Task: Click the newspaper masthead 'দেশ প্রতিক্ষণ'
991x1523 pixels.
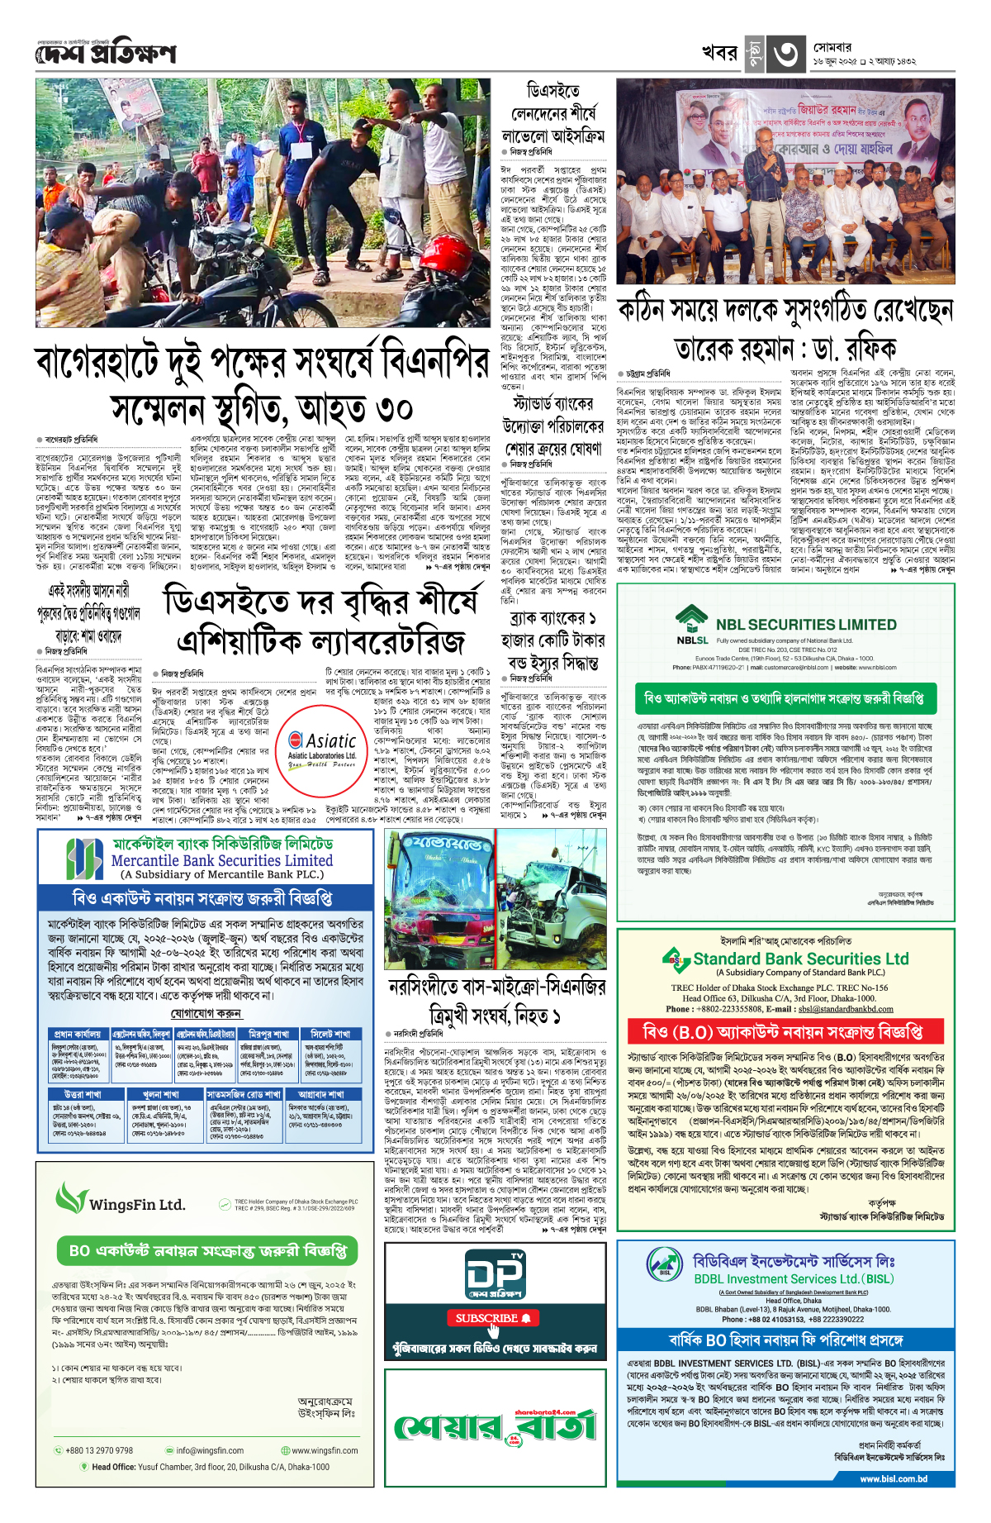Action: click(x=106, y=53)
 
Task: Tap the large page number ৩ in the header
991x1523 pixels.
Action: click(x=784, y=54)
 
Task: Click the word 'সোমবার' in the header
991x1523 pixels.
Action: click(x=832, y=47)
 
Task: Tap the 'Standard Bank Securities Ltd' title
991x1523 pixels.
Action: click(x=800, y=959)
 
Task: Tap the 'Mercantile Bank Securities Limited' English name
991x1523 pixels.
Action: click(x=222, y=860)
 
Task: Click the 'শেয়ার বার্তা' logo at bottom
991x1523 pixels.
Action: click(x=495, y=1425)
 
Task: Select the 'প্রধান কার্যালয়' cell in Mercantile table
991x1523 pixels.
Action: click(x=77, y=1034)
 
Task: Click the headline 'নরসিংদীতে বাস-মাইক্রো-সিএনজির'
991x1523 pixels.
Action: click(x=496, y=987)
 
